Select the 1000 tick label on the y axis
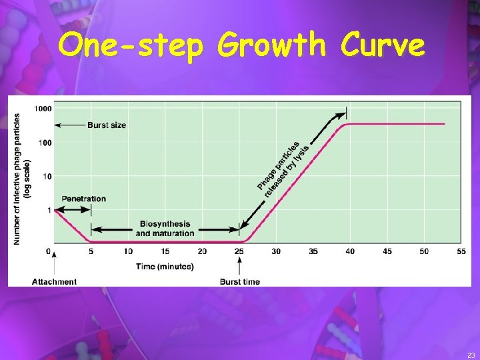[43, 108]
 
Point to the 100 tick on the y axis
[45, 143]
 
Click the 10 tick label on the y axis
[47, 177]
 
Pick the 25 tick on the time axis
[239, 251]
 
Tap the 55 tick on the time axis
[461, 251]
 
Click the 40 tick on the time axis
[350, 251]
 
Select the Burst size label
[107, 125]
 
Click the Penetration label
[83, 199]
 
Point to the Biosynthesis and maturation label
[165, 229]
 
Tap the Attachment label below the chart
[54, 282]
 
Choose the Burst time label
[240, 282]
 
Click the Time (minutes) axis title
[165, 267]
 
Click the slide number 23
[471, 355]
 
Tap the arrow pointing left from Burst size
[69, 125]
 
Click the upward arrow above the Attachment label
[54, 263]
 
